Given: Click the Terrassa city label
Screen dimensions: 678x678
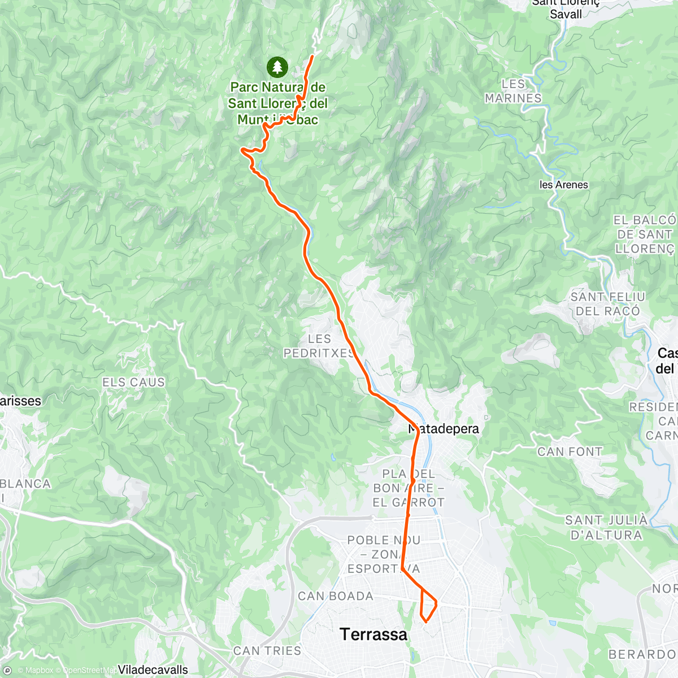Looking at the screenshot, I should [x=373, y=634].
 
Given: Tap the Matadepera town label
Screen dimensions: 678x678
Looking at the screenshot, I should [x=444, y=429].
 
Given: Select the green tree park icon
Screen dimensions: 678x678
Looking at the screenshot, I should [x=277, y=67].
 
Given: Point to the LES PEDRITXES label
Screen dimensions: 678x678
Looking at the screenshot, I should [x=319, y=346].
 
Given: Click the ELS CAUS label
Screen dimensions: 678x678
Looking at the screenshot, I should [x=133, y=383].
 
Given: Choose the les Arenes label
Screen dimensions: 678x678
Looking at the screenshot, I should [x=563, y=185].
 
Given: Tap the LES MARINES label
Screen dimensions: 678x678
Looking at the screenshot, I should [x=513, y=91].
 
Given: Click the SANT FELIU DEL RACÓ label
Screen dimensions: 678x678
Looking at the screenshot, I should [x=607, y=303].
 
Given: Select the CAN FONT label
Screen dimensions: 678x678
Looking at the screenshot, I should [x=570, y=451].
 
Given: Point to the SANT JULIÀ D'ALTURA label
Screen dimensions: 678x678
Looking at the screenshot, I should [x=606, y=527].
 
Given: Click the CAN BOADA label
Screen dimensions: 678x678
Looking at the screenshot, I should [x=336, y=596].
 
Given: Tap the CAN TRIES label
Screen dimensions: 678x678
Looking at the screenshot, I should [x=267, y=651].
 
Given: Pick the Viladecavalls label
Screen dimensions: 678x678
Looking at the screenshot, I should [x=153, y=670].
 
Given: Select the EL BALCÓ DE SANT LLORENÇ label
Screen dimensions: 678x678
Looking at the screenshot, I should [x=644, y=234].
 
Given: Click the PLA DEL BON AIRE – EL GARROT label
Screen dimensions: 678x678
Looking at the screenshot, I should [x=408, y=488].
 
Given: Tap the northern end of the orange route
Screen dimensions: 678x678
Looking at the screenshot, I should [x=312, y=56].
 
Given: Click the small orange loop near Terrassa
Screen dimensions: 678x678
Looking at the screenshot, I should [x=428, y=607].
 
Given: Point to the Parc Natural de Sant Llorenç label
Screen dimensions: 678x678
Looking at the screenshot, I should [x=277, y=103].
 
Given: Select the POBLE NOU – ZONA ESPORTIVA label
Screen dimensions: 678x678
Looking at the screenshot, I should [x=384, y=554].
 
